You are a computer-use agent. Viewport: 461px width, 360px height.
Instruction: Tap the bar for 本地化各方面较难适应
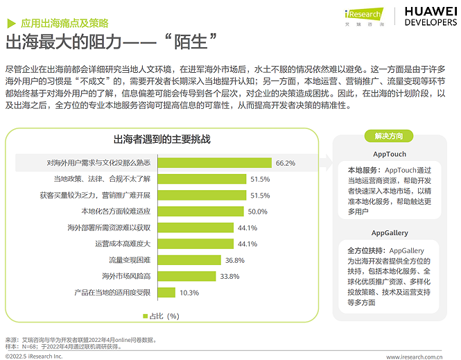click(200, 211)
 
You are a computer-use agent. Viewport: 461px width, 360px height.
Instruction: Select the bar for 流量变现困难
click(189, 259)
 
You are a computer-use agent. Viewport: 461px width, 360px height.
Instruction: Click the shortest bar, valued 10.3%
click(166, 292)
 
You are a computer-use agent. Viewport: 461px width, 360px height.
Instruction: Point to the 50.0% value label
click(258, 212)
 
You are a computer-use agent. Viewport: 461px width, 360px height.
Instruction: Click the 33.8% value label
click(229, 276)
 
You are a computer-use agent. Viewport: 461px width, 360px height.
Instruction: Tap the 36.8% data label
click(234, 260)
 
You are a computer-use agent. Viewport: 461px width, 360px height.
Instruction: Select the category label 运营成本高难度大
click(122, 243)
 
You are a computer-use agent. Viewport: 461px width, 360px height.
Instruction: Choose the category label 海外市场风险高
click(126, 276)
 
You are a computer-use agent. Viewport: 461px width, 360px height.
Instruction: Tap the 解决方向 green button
click(389, 136)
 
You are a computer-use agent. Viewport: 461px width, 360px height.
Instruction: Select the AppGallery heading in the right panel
click(390, 233)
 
